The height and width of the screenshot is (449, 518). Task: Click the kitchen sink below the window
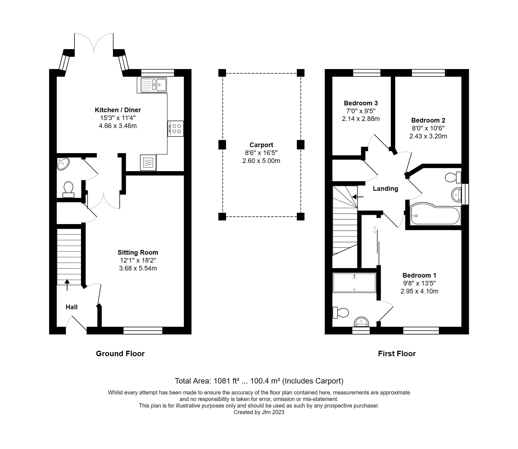[154, 85]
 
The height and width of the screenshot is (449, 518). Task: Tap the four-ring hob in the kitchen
[176, 129]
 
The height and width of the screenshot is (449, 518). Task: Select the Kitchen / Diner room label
[118, 110]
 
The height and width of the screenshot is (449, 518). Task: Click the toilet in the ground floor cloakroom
[68, 189]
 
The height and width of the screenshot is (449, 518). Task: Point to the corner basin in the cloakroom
[63, 164]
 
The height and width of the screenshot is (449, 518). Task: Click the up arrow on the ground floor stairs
[67, 284]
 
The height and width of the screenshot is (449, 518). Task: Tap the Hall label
[71, 307]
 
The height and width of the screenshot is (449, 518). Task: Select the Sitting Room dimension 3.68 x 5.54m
[138, 268]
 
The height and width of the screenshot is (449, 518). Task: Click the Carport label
[261, 145]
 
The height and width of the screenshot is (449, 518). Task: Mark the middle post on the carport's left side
[222, 145]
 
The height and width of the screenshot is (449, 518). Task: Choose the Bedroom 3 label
[361, 103]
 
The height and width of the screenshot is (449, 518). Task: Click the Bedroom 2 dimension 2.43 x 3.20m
[428, 136]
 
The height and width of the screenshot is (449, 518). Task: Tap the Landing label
[385, 189]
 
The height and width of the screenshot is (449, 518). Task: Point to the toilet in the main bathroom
[453, 178]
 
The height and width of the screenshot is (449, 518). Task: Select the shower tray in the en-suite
[354, 283]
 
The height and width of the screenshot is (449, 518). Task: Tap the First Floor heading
[397, 354]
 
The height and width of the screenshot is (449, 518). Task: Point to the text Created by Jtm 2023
[259, 412]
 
